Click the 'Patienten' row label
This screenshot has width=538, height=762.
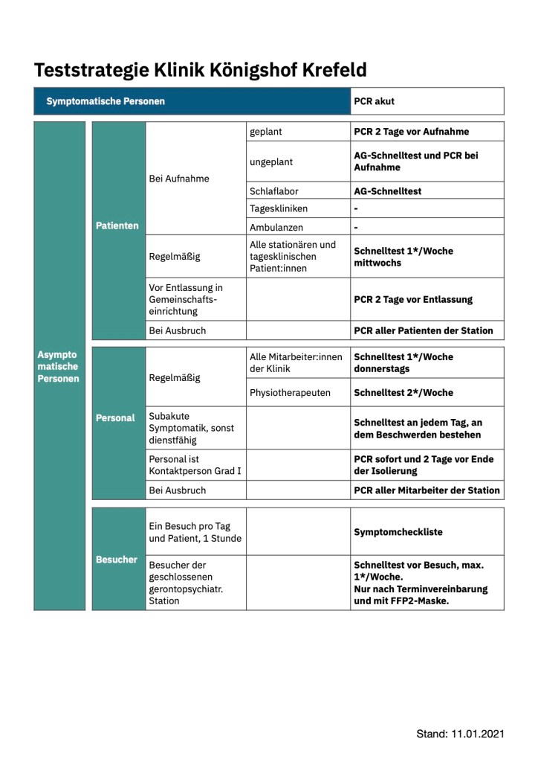[117, 225]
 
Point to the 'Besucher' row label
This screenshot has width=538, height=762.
[117, 559]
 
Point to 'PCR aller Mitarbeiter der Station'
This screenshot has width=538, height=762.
[427, 490]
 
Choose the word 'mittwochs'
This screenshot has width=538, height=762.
[377, 263]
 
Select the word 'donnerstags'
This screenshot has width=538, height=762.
[381, 368]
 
